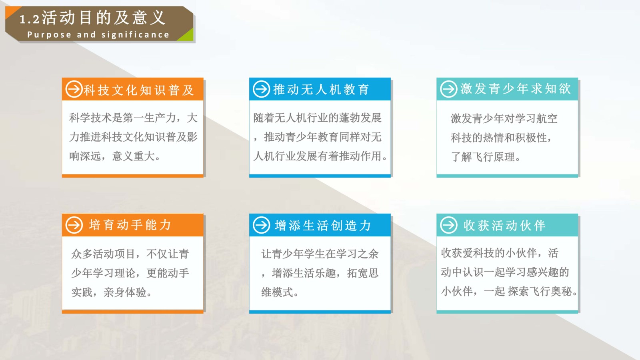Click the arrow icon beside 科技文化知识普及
74,89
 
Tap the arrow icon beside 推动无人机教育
262,89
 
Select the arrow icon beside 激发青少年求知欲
448,89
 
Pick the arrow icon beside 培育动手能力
74,225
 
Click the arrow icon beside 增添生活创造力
262,225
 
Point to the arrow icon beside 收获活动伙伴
448,225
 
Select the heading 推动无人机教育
321,90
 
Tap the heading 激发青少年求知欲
516,88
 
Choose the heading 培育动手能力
130,225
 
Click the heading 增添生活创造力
323,226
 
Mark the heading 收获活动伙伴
504,226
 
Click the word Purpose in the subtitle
49,35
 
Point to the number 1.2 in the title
30,20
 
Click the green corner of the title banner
188,36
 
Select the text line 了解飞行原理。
486,157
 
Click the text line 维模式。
280,292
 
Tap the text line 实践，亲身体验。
112,292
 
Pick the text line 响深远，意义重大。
115,156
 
